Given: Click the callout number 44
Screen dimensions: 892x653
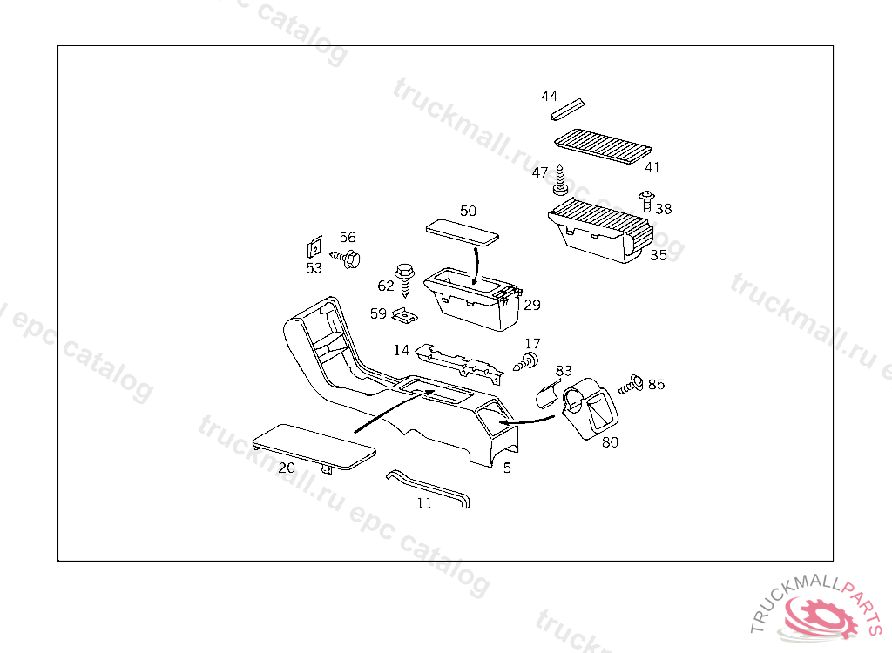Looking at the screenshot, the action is pyautogui.click(x=549, y=96).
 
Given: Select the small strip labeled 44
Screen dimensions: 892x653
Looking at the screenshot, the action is pyautogui.click(x=566, y=110).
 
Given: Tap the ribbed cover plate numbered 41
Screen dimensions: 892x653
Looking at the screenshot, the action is pyautogui.click(x=604, y=145).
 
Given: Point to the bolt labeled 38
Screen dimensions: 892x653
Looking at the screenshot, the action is pyautogui.click(x=646, y=199).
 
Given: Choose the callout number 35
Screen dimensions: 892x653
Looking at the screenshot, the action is pyautogui.click(x=659, y=256).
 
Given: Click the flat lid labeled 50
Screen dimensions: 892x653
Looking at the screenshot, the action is pyautogui.click(x=463, y=232).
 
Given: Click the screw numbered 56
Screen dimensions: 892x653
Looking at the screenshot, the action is pyautogui.click(x=348, y=258).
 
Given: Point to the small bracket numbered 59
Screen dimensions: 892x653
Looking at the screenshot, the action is pyautogui.click(x=402, y=313).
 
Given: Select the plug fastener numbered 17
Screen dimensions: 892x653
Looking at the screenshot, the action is pyautogui.click(x=527, y=361).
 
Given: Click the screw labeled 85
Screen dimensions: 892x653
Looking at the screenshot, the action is pyautogui.click(x=631, y=384).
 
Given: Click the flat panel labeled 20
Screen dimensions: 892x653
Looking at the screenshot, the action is pyautogui.click(x=314, y=447).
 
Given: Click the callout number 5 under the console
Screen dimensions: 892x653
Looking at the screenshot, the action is pyautogui.click(x=507, y=468).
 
